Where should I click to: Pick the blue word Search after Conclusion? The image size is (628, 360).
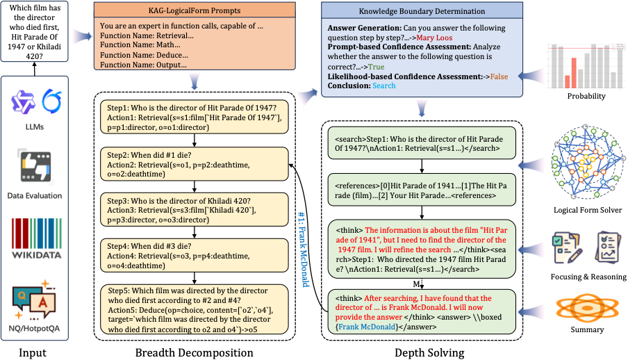[383, 85]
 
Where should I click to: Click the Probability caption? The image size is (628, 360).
[586, 96]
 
